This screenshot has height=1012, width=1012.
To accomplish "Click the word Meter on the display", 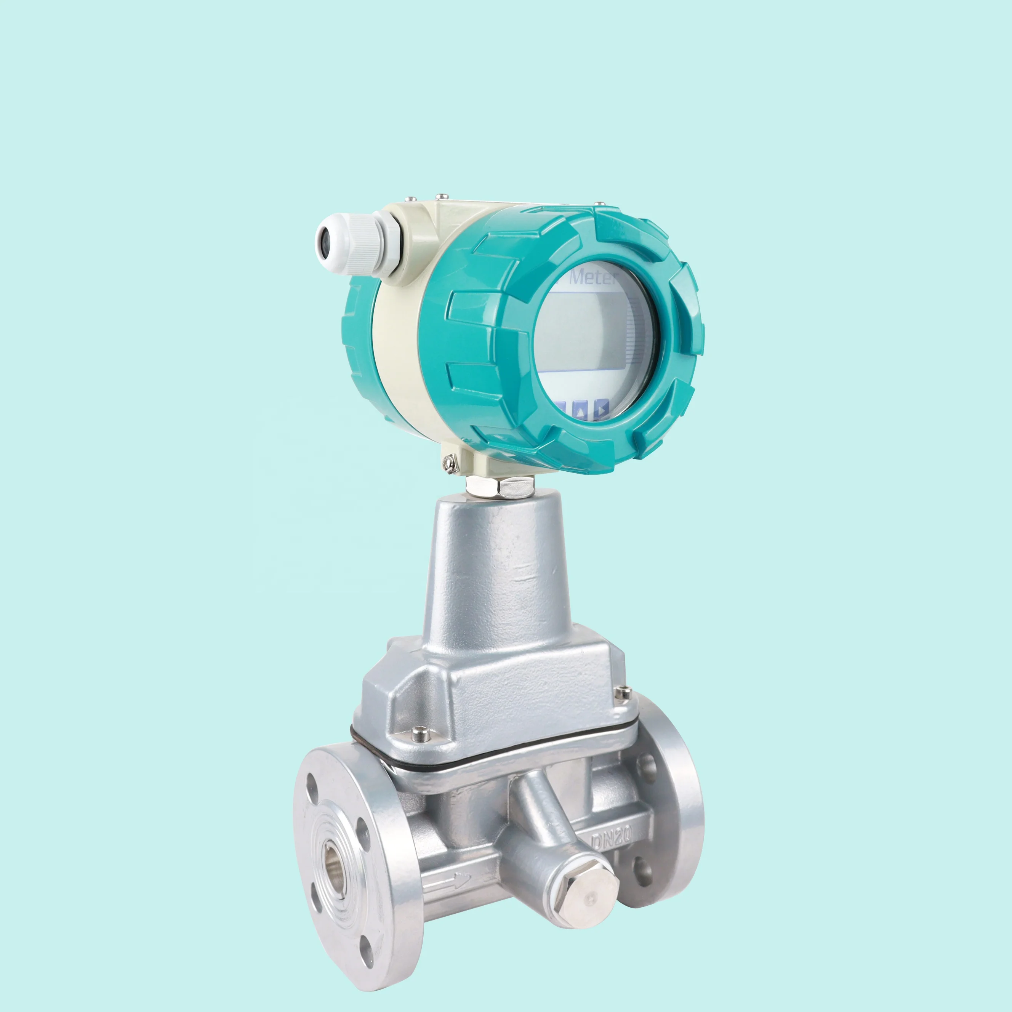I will (594, 277).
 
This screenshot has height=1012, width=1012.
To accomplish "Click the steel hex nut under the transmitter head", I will (500, 487).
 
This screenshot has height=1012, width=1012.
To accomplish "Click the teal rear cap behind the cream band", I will (357, 335).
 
